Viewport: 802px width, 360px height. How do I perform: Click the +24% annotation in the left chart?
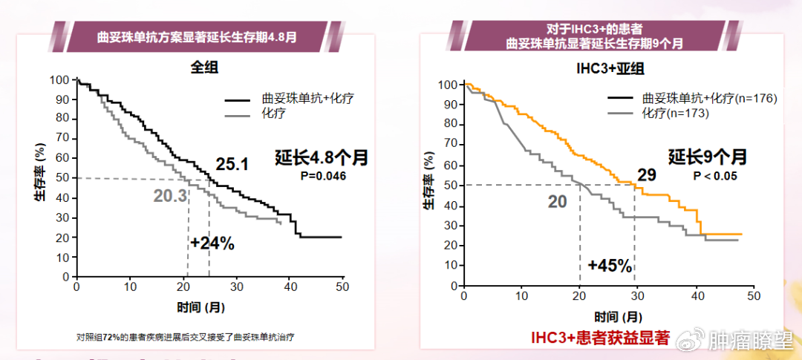[212, 243]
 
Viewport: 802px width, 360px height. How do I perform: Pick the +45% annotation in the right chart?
[610, 265]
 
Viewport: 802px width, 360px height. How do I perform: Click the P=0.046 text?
[322, 176]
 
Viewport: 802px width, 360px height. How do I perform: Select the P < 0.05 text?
[714, 176]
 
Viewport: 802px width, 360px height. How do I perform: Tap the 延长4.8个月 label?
[322, 157]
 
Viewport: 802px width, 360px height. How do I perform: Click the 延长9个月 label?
[707, 157]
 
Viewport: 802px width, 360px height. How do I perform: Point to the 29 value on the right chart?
[646, 176]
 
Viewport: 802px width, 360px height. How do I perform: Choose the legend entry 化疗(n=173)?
[672, 114]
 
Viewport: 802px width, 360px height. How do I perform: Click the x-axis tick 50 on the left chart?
[342, 287]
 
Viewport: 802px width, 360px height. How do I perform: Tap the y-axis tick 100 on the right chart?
[448, 85]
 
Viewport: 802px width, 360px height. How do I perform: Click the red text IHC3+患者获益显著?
[600, 338]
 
